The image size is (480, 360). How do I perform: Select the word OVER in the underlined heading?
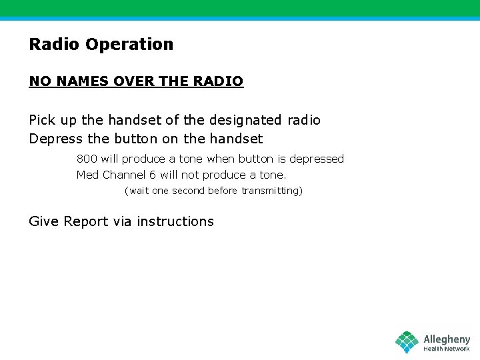pyautogui.click(x=133, y=81)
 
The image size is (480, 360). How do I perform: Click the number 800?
pyautogui.click(x=87, y=159)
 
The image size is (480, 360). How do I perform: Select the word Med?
pyautogui.click(x=87, y=175)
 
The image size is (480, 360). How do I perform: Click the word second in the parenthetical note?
pyautogui.click(x=189, y=191)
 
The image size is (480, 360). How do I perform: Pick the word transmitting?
pyautogui.click(x=271, y=191)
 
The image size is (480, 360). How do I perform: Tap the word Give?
pyautogui.click(x=44, y=222)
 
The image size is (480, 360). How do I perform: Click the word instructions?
pyautogui.click(x=175, y=222)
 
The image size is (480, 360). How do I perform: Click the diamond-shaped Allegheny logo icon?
pyautogui.click(x=407, y=342)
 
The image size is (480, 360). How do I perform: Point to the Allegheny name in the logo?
pyautogui.click(x=447, y=339)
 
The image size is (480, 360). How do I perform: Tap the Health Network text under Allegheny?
pyautogui.click(x=447, y=349)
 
